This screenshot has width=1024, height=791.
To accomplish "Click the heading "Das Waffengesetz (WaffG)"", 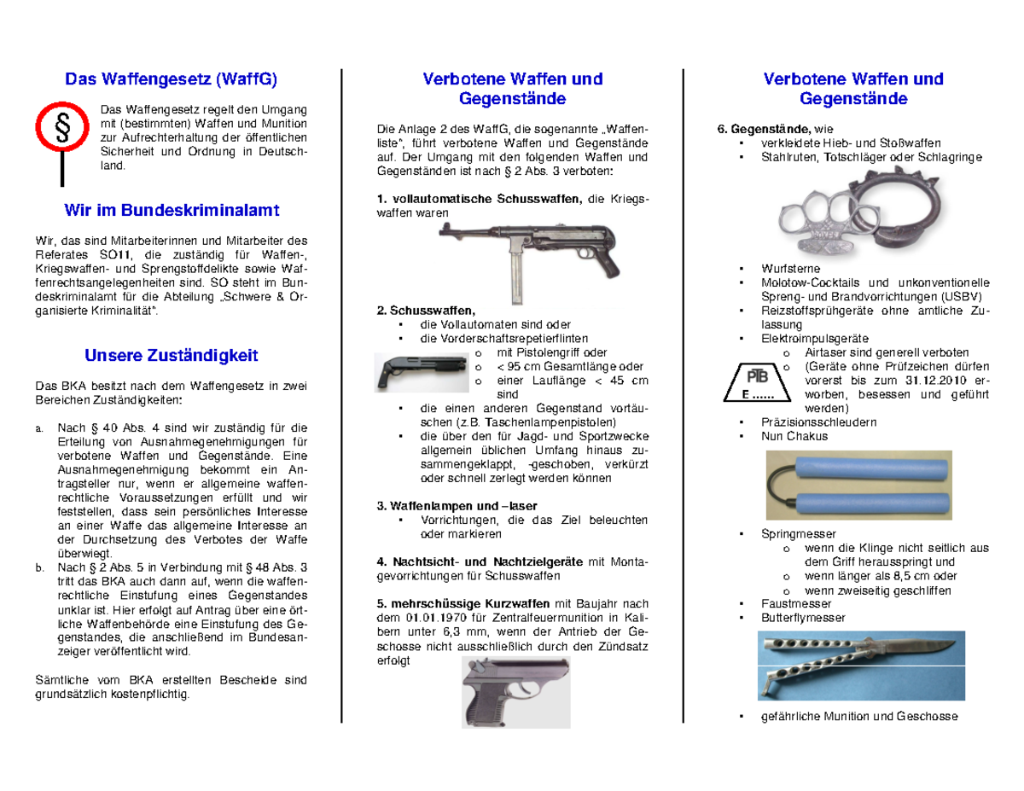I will tap(171, 79).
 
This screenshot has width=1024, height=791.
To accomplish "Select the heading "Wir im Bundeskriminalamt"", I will tap(171, 210).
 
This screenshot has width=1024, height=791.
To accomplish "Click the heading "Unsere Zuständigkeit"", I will tap(171, 355).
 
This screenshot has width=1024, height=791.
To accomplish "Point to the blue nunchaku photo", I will tap(853, 483).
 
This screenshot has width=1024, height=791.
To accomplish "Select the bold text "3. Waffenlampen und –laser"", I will tap(457, 506).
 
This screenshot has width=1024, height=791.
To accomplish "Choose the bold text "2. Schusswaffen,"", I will tap(424, 311).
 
